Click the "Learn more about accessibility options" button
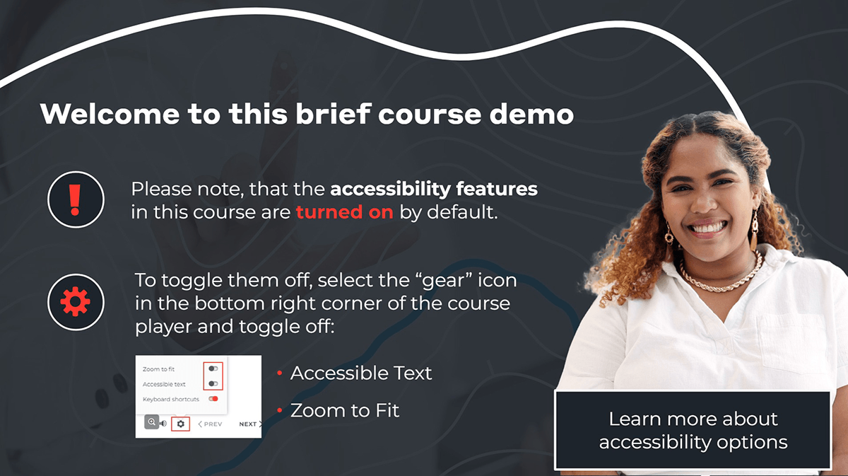click(693, 430)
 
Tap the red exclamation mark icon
click(76, 199)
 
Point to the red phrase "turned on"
click(344, 212)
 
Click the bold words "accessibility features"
click(434, 190)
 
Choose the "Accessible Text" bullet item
click(360, 373)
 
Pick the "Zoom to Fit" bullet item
click(344, 410)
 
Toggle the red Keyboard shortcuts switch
click(213, 399)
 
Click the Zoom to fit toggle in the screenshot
click(213, 368)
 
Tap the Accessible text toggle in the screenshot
click(213, 383)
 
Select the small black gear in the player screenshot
click(181, 424)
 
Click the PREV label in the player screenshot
click(212, 424)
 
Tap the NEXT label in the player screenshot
click(248, 424)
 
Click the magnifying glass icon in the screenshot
click(151, 423)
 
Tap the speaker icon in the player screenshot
click(163, 424)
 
